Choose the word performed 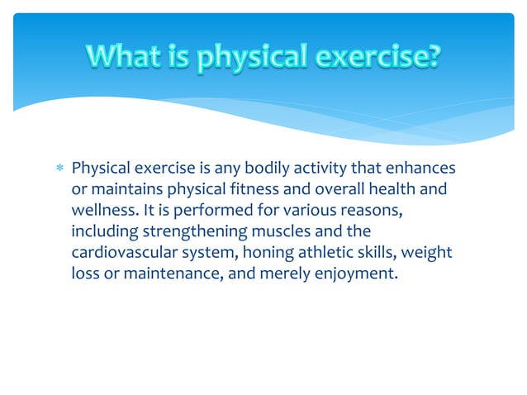point(202,211)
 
